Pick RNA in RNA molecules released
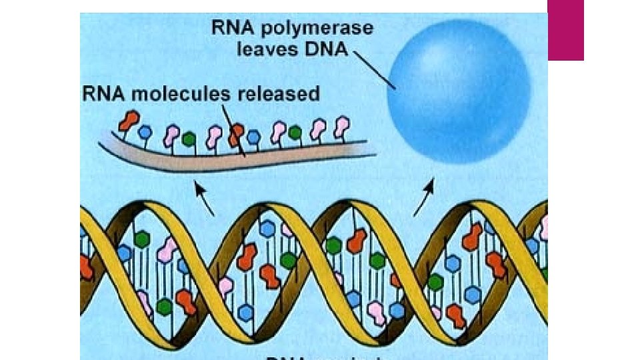(x=104, y=93)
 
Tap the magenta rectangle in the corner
(x=565, y=30)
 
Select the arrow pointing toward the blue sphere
(x=425, y=197)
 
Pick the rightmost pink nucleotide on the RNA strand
(x=343, y=125)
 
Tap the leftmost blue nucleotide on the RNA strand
(x=145, y=132)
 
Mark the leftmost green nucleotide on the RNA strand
(x=189, y=139)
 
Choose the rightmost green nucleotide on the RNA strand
(x=295, y=133)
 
